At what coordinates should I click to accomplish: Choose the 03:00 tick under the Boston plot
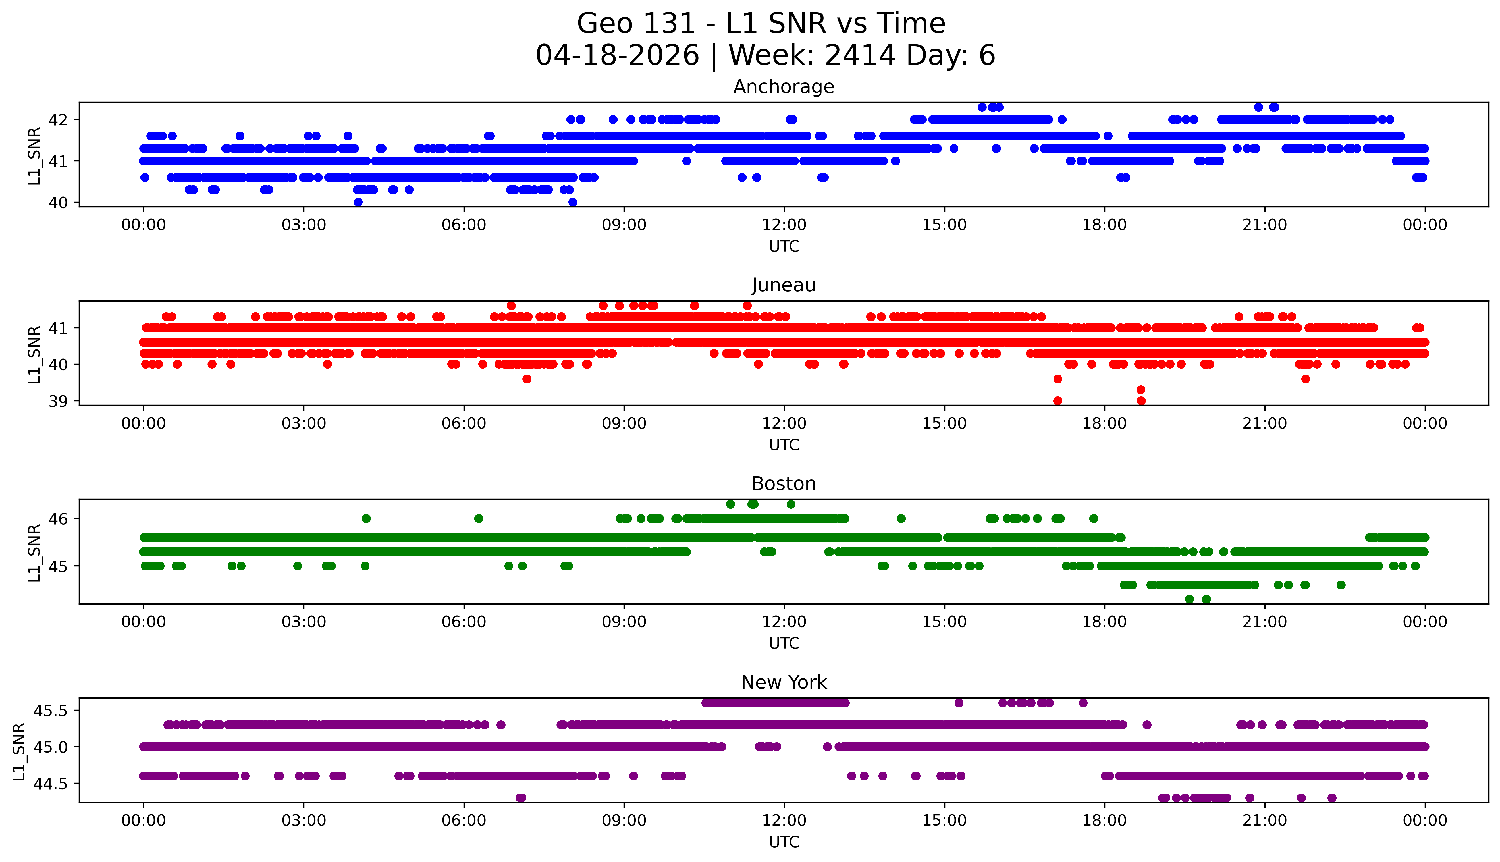(304, 622)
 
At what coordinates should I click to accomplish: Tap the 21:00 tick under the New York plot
(1264, 821)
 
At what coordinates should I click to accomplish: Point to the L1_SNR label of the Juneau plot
(34, 354)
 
